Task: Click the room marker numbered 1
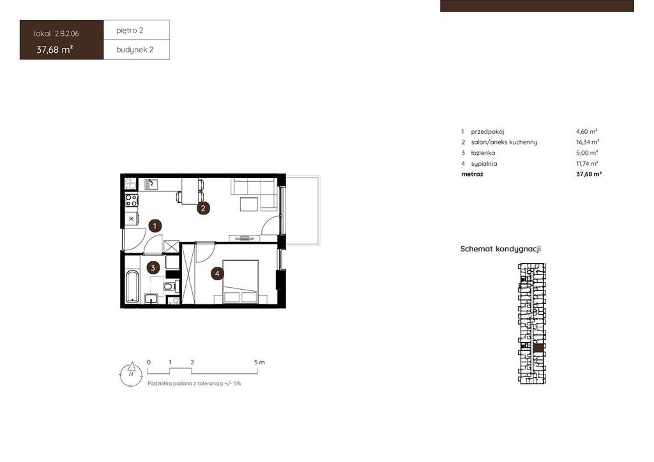155,226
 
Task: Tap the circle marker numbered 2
203,208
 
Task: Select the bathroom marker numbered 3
153,268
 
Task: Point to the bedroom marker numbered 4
217,274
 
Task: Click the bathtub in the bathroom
132,287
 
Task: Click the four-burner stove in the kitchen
132,200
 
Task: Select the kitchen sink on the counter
151,184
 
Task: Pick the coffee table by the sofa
249,205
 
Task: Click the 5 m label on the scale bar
259,362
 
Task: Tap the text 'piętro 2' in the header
130,31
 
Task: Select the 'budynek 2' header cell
137,50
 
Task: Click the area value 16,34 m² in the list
588,142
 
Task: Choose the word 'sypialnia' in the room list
484,164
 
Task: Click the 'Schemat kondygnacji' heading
501,249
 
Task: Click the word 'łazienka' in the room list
483,153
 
